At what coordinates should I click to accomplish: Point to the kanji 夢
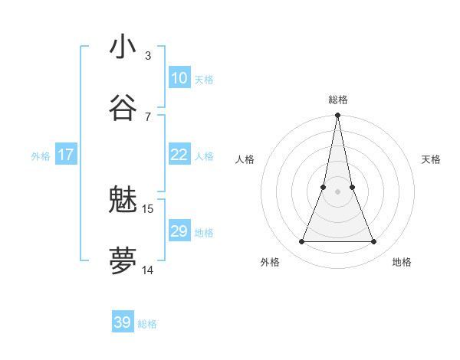tap(123, 261)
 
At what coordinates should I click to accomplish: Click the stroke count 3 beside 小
tap(148, 55)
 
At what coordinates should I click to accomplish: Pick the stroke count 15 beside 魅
tap(148, 208)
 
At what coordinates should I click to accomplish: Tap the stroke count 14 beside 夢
tap(148, 270)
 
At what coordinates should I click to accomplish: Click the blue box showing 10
tap(179, 78)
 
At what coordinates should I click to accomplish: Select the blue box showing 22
tap(179, 155)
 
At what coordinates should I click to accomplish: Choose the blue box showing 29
tap(179, 231)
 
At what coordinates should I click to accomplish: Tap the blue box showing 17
tap(66, 155)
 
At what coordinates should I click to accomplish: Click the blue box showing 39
tap(123, 322)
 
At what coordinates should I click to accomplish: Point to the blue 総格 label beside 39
tap(147, 324)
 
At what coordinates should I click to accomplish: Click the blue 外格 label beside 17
tap(41, 156)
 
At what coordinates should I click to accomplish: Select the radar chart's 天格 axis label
tap(432, 159)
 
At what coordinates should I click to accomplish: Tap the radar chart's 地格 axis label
tap(402, 262)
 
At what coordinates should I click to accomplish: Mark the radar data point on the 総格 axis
tap(337, 116)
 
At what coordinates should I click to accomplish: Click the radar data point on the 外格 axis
tap(301, 242)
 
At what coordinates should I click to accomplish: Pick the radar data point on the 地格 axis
tap(374, 242)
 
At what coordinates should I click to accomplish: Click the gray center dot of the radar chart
tap(337, 191)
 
